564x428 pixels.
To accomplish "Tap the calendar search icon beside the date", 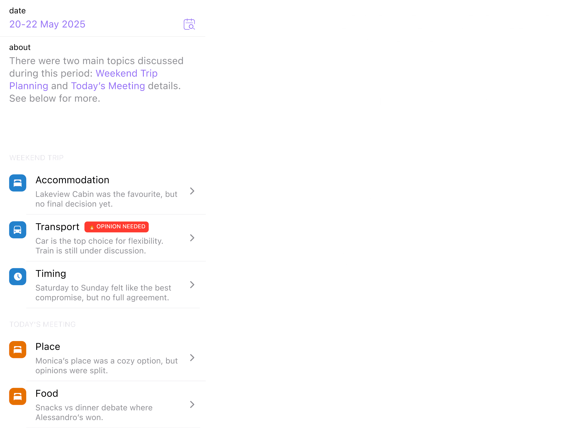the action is click(189, 24).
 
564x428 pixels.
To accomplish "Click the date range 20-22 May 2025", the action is click(47, 24).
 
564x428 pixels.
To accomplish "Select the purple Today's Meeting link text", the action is click(108, 86).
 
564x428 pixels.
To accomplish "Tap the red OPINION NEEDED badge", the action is click(116, 227).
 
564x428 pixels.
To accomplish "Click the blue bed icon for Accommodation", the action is click(18, 183).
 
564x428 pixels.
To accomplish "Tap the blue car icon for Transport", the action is click(18, 230).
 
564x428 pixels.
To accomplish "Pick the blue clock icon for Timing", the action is click(18, 277).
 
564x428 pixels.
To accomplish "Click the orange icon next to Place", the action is click(18, 350).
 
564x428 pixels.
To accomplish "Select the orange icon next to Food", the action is click(18, 396).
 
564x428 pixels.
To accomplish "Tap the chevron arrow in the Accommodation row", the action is click(192, 191).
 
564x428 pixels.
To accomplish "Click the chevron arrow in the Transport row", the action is click(192, 238).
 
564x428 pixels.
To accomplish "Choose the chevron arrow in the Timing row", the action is click(192, 284).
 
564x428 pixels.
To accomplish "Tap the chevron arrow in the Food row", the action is click(192, 404).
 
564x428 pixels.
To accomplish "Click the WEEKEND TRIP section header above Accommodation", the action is click(36, 158).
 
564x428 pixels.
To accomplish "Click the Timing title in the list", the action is click(51, 274).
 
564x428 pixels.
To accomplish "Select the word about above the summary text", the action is click(20, 47).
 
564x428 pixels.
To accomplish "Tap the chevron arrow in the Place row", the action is click(192, 358).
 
